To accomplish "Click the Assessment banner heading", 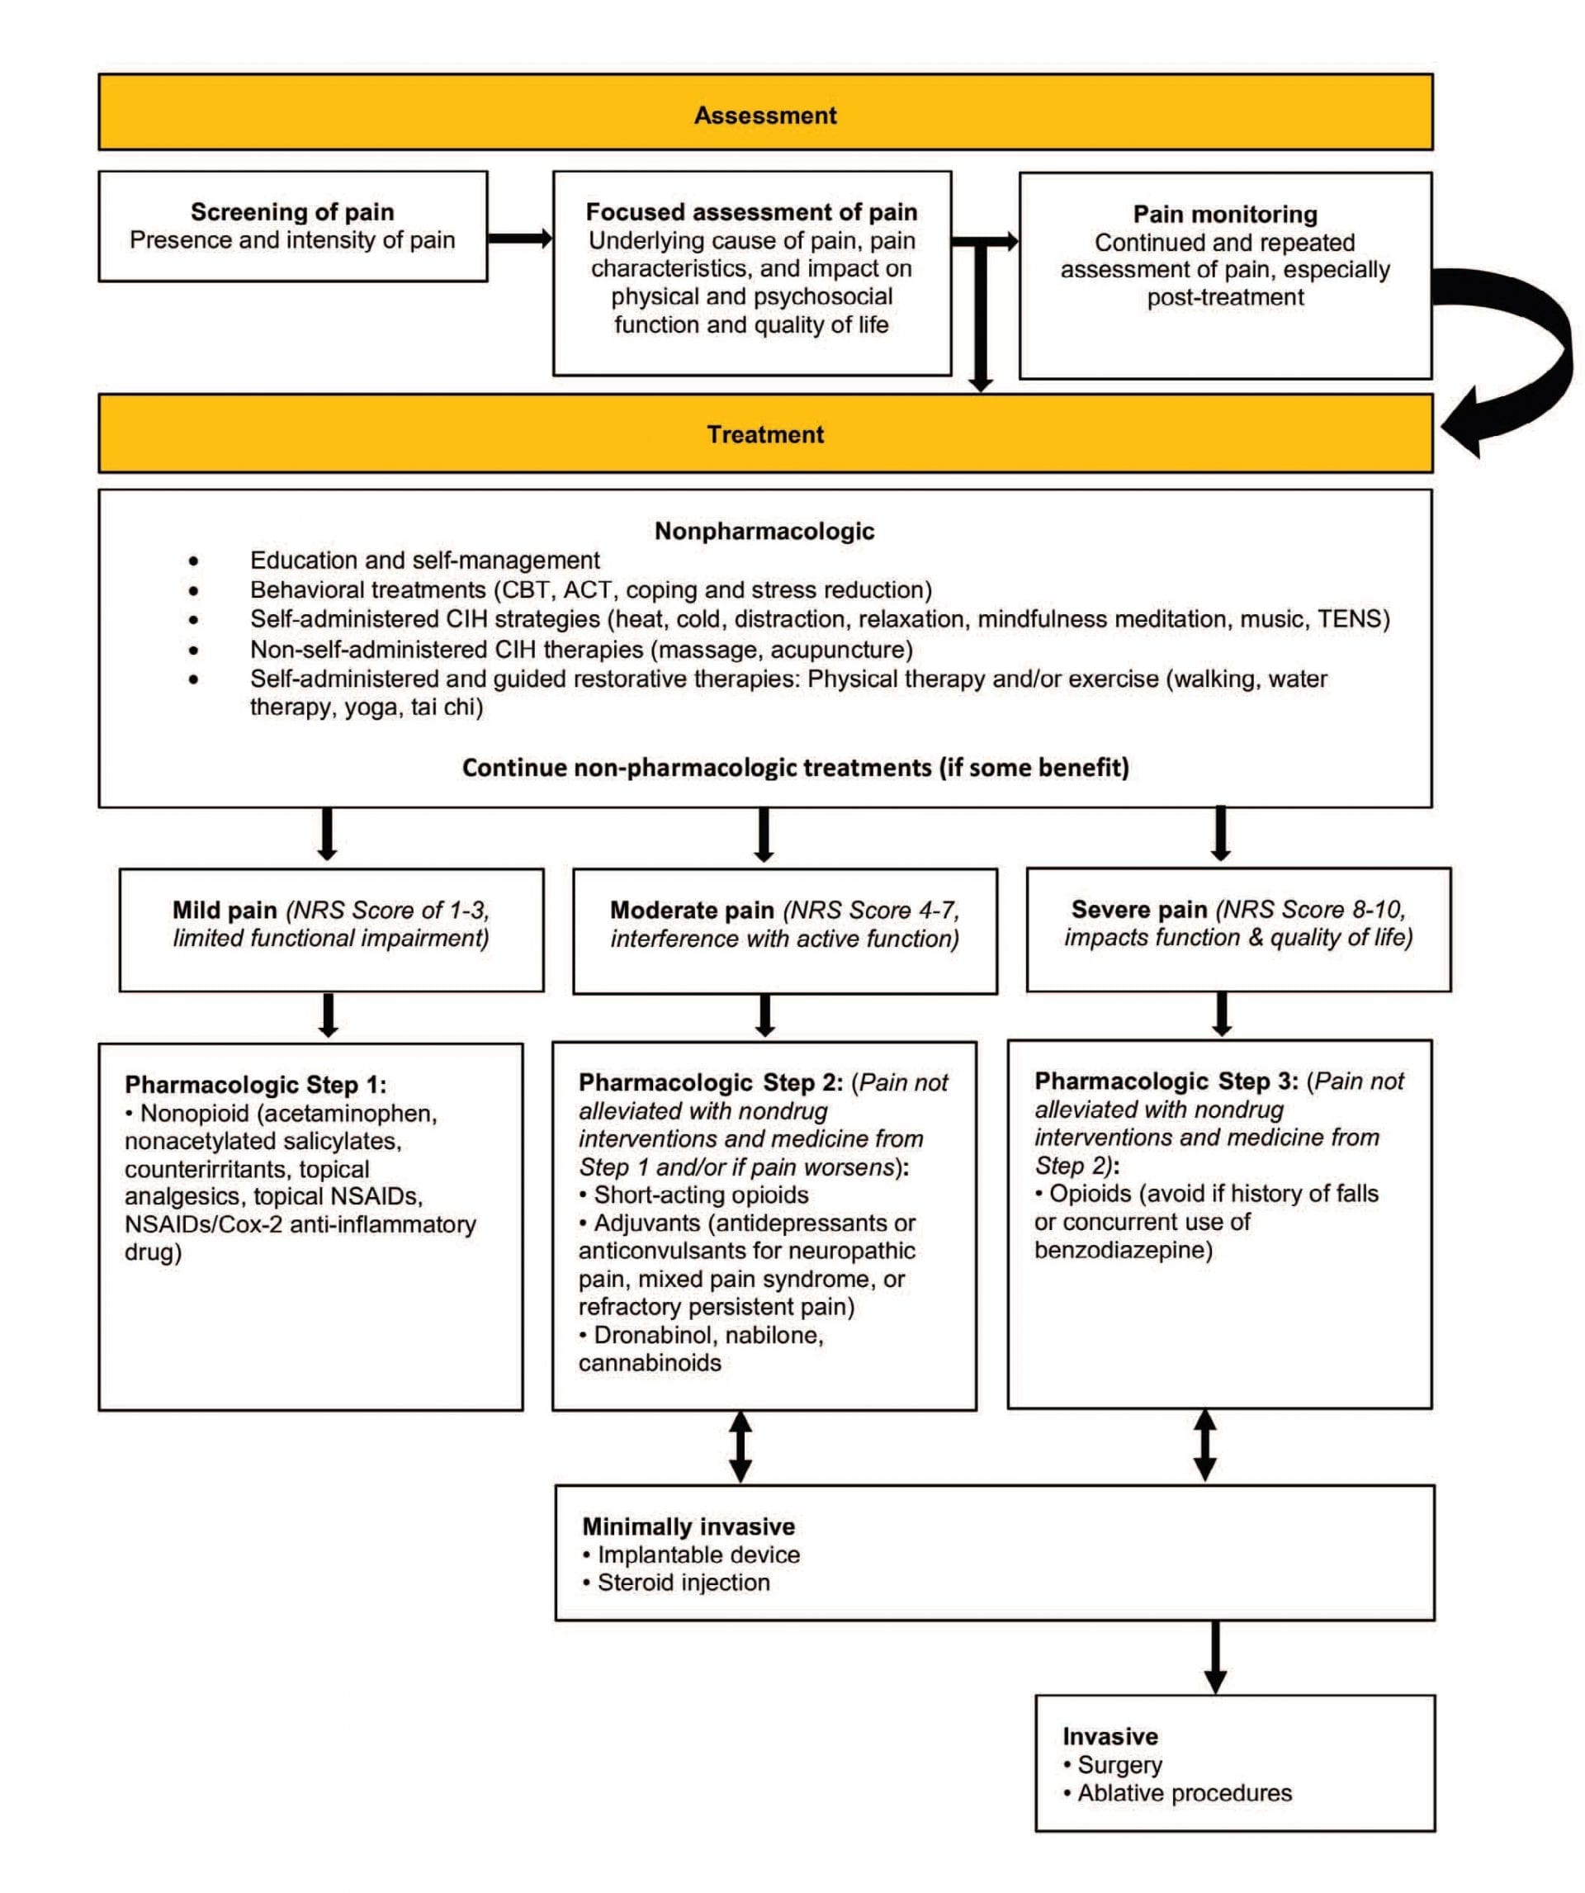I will (764, 116).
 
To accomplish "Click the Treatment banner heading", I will (764, 434).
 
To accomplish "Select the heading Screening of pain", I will (292, 212).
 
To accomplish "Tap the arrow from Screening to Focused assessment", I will (520, 239).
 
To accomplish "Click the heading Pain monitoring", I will (1224, 215).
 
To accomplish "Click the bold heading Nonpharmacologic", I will (764, 531).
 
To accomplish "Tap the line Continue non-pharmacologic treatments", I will (795, 767).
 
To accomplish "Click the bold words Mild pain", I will (225, 910).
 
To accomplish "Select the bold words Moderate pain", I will (692, 910).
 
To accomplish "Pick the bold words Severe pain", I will (1138, 909).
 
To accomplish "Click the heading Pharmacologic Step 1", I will (255, 1085).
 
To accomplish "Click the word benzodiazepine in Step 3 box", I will (1123, 1249).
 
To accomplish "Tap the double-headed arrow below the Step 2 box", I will (740, 1446).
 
